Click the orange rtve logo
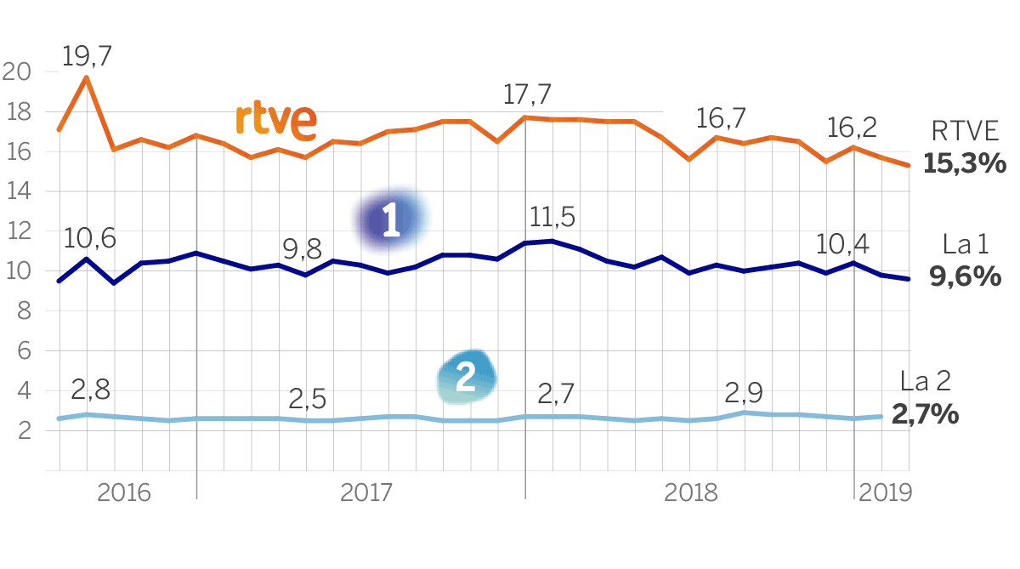[x=275, y=122]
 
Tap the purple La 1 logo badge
[x=391, y=220]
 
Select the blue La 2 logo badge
[x=466, y=377]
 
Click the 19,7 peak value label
[x=88, y=57]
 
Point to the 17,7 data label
[x=527, y=94]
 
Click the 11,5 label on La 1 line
[x=552, y=217]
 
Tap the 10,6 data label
[x=90, y=238]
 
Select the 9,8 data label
[x=302, y=250]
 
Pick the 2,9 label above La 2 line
[x=744, y=393]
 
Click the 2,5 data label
[x=307, y=399]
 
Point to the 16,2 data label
[x=851, y=128]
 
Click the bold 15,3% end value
[x=965, y=163]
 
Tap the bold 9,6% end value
[x=966, y=276]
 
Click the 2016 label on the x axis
[x=124, y=492]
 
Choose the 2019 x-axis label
[x=886, y=492]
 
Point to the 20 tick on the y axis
[x=17, y=72]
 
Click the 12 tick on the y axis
[x=17, y=231]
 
